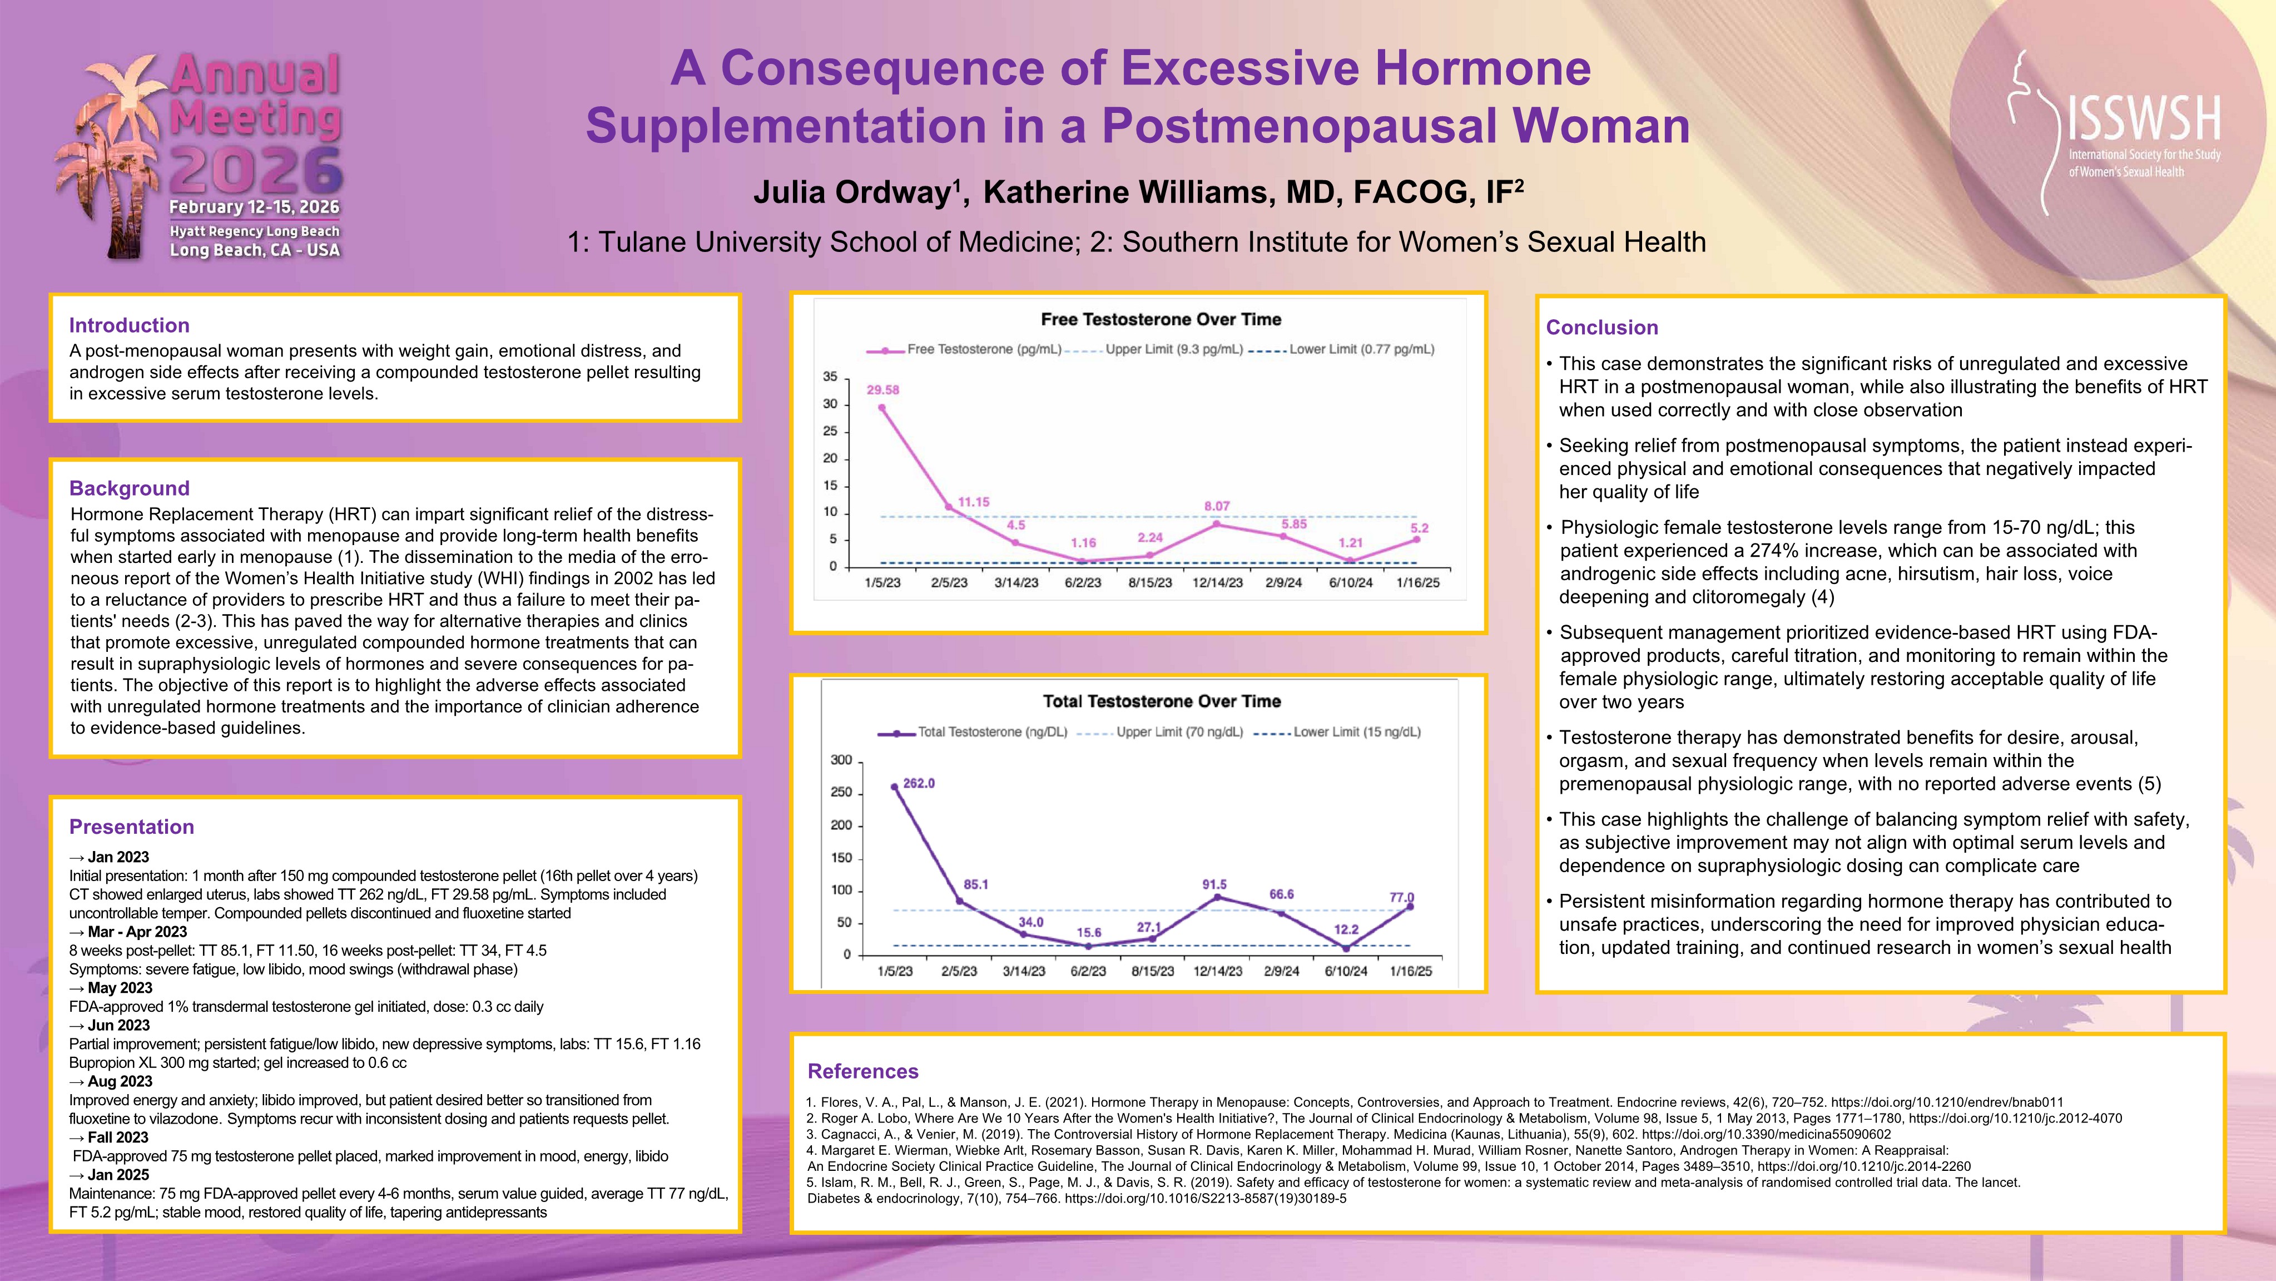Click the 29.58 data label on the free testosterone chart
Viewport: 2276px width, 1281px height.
point(882,390)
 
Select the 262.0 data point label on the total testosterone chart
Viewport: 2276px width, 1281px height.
point(919,783)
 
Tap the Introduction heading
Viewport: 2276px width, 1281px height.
point(129,325)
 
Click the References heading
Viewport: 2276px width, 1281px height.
point(862,1071)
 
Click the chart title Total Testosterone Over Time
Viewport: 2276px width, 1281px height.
point(1161,701)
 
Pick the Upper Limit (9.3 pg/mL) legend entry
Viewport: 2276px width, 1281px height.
point(1173,349)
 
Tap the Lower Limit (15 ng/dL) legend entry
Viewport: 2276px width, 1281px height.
point(1356,732)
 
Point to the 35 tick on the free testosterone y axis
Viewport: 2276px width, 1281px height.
point(830,377)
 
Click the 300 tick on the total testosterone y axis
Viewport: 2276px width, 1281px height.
point(841,760)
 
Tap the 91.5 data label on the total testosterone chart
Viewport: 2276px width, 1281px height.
point(1214,884)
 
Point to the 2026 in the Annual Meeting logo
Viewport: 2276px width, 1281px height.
point(256,171)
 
